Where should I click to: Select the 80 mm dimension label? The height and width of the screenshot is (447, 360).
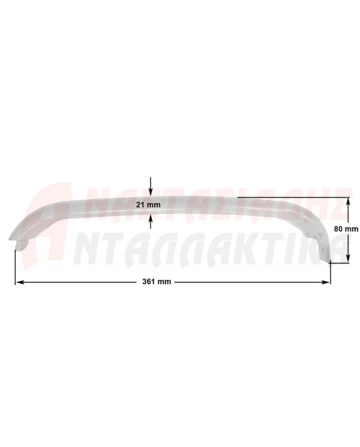pos(346,229)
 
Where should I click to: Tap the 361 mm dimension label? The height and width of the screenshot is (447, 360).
pos(157,282)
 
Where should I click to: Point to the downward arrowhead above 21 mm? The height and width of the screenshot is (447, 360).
pos(151,193)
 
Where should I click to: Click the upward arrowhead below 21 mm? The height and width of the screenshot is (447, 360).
pos(151,217)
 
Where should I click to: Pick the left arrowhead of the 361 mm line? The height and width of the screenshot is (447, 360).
pos(19,282)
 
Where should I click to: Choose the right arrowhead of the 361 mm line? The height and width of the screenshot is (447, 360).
pos(326,282)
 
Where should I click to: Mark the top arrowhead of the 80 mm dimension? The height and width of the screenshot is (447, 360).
pos(348,201)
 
